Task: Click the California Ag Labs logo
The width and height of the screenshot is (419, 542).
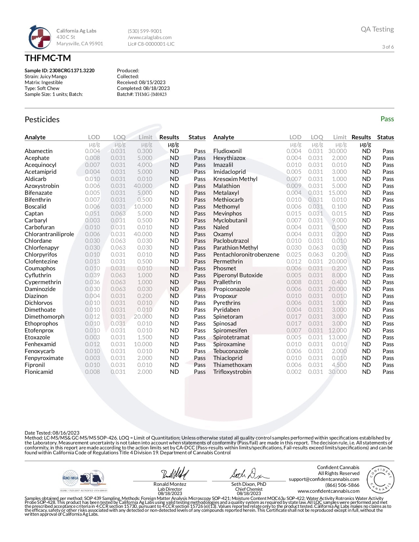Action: (x=40, y=37)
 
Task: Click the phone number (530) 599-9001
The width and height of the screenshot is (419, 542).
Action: (x=145, y=31)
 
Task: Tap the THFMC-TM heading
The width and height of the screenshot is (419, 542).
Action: (x=48, y=58)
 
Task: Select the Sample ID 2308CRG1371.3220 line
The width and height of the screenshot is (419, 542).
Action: (x=59, y=71)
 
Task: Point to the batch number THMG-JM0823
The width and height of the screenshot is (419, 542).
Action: (x=151, y=94)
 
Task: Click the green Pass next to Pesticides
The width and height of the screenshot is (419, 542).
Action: (x=387, y=119)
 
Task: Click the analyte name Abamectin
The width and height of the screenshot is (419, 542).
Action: (x=38, y=151)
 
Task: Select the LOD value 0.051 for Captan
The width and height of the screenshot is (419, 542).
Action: (x=92, y=214)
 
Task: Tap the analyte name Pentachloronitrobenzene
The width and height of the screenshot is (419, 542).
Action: (x=246, y=255)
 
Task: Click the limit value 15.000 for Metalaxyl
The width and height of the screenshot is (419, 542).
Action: (x=338, y=193)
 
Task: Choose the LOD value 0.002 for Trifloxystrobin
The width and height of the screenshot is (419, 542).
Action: (x=294, y=372)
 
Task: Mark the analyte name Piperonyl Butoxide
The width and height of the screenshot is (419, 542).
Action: (x=238, y=275)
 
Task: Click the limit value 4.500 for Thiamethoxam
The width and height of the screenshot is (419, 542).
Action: (x=339, y=365)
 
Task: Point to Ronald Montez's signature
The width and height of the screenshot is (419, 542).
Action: (x=175, y=474)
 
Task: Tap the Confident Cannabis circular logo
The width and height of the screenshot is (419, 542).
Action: (x=380, y=479)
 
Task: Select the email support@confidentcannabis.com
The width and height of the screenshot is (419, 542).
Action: (x=324, y=479)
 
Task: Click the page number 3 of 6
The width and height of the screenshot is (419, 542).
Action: (x=388, y=47)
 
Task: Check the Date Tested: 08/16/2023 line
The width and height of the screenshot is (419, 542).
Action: (x=52, y=433)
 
